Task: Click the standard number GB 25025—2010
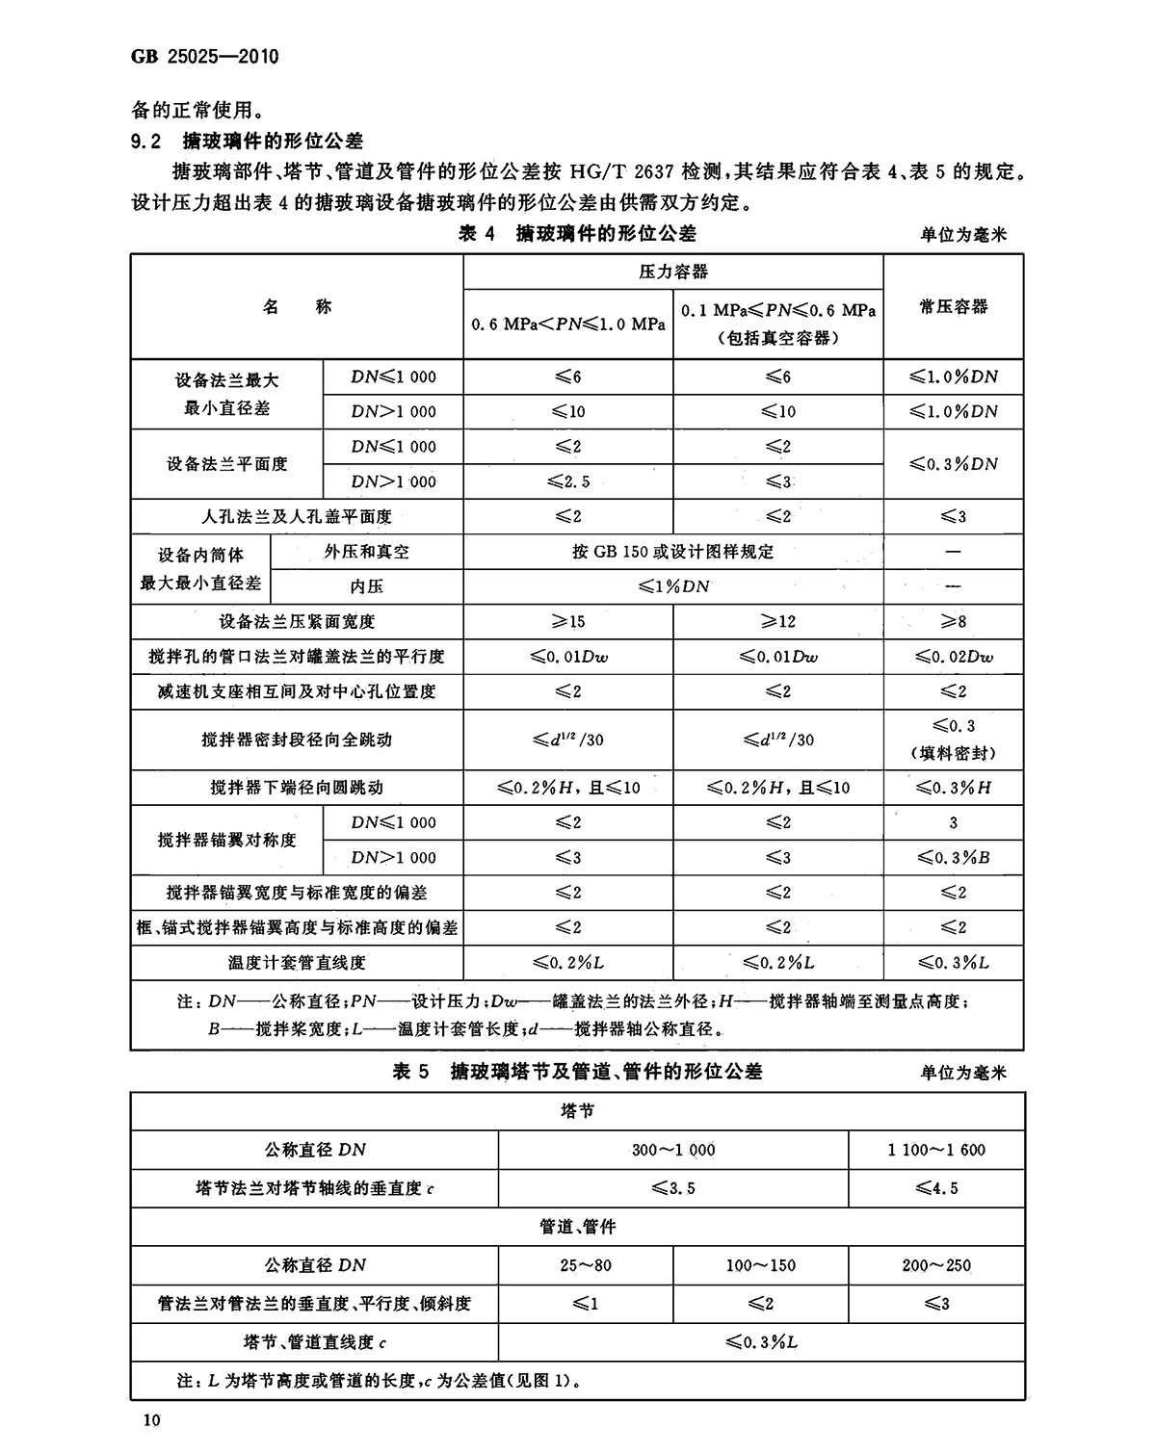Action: pos(204,57)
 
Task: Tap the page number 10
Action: pos(151,1420)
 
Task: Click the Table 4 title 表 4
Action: pos(478,234)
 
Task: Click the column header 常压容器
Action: pos(953,306)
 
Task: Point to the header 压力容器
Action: pos(673,272)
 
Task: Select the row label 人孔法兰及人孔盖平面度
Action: pos(297,516)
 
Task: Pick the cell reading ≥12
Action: pos(778,621)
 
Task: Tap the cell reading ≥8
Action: pos(953,621)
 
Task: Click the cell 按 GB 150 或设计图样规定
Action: pos(672,552)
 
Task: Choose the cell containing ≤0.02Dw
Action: pos(953,657)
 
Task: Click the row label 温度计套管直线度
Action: pos(297,962)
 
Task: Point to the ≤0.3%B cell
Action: pos(953,857)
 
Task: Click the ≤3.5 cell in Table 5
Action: pos(672,1188)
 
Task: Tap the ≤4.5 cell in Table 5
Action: pos(936,1188)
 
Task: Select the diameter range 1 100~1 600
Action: pos(936,1150)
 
